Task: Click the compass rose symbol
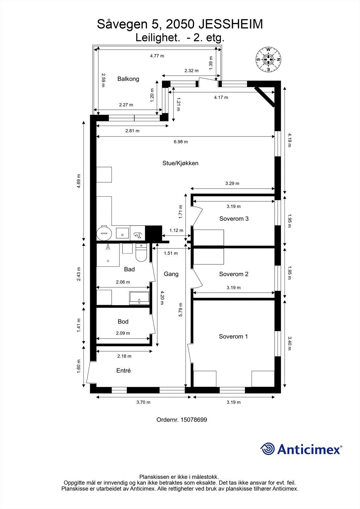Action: point(269,59)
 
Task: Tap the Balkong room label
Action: point(128,79)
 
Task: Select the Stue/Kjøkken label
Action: point(180,163)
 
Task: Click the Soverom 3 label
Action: point(234,219)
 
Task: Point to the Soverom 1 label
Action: point(233,336)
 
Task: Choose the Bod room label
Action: point(123,322)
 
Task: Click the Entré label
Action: point(124,371)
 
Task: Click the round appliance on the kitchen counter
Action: point(104,233)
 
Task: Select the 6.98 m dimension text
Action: point(180,142)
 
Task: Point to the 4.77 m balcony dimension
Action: point(157,56)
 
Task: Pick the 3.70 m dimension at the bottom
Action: point(143,402)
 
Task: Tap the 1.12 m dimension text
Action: point(176,230)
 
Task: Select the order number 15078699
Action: point(194,420)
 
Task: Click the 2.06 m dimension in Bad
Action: point(123,282)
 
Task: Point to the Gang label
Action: point(171,274)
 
